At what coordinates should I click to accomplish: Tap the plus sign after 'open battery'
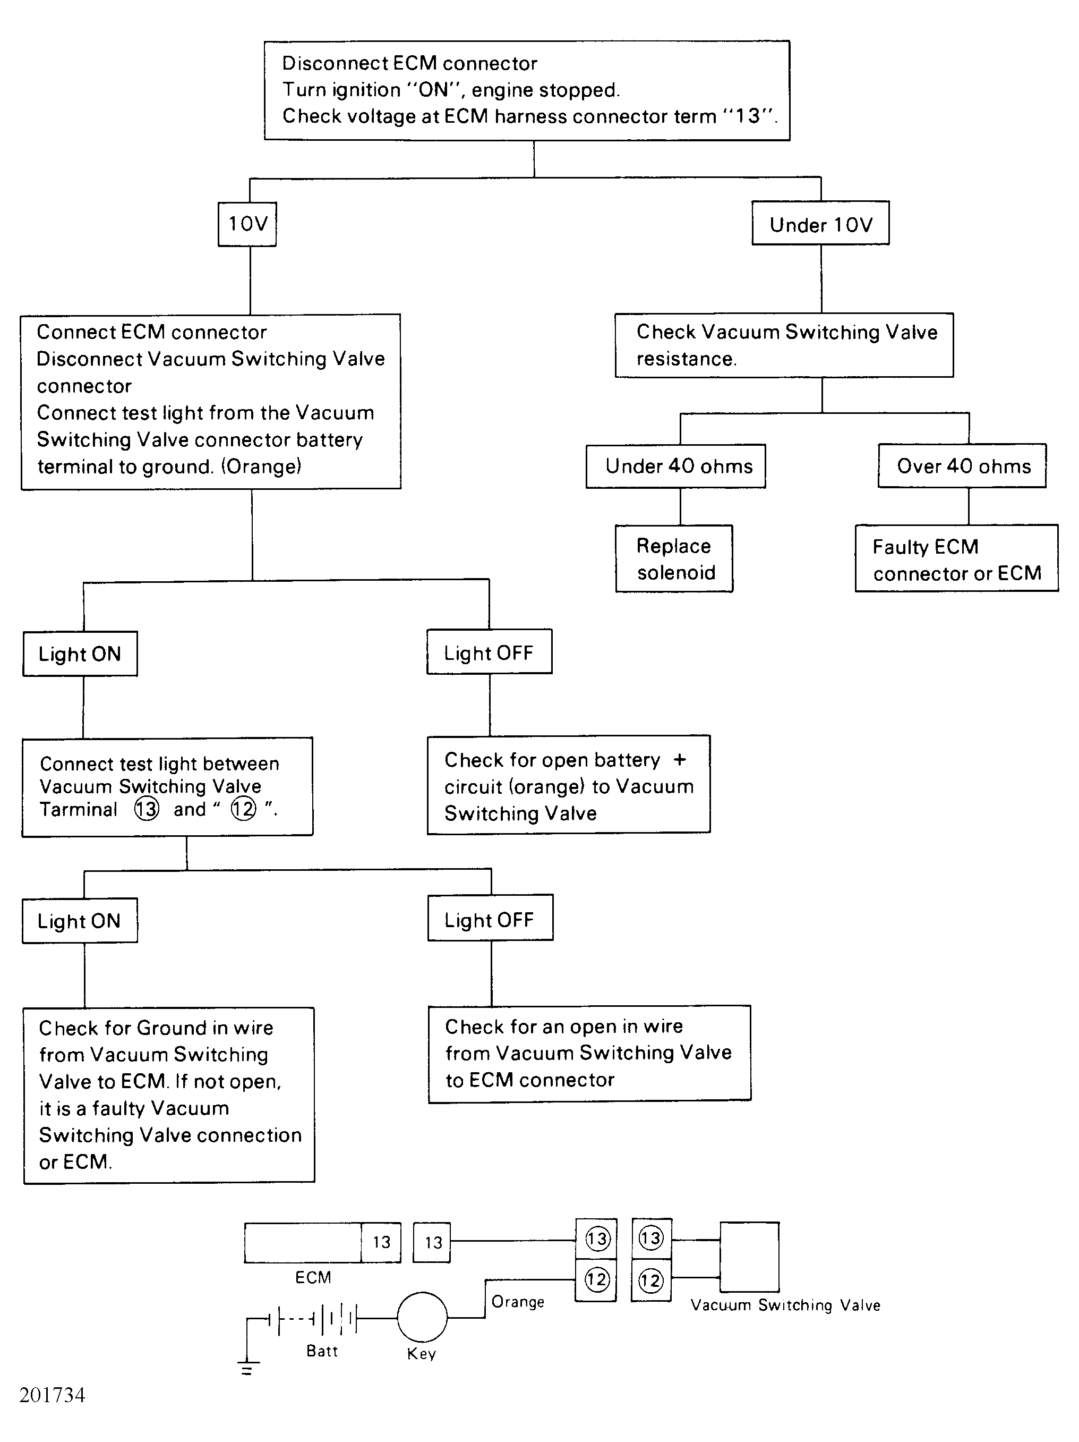tap(680, 759)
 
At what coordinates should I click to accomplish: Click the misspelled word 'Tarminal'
tap(78, 810)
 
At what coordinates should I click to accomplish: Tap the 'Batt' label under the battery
tap(322, 1351)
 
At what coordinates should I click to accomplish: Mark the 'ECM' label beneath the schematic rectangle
tap(313, 1277)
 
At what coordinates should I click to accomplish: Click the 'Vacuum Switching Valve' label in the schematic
tap(785, 1305)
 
